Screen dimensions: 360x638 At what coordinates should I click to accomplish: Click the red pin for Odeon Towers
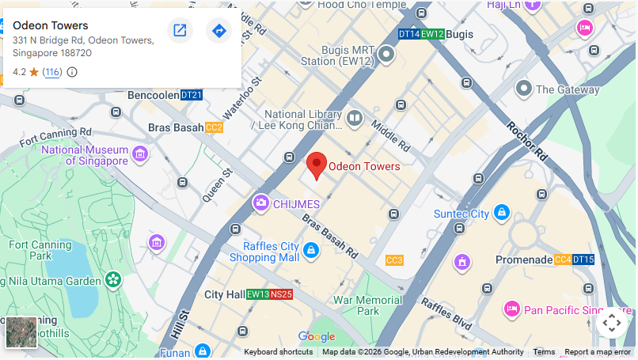(x=317, y=165)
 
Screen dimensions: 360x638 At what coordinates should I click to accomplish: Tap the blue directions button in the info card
(x=219, y=31)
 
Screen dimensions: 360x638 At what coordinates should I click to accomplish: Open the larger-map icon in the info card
(x=180, y=31)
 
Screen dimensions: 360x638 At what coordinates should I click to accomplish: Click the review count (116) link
(x=52, y=72)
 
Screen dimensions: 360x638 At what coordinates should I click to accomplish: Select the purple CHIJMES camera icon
(x=260, y=204)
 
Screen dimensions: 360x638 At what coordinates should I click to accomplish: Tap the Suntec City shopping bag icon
(x=501, y=213)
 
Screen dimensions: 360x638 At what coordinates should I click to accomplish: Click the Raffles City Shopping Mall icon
(x=311, y=251)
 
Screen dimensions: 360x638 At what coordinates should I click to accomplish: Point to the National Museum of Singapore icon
(x=141, y=153)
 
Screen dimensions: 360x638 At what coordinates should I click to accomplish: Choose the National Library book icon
(x=354, y=119)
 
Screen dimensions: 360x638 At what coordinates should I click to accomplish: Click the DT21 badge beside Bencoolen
(x=192, y=96)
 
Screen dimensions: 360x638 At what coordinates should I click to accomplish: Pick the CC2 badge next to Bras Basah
(x=214, y=127)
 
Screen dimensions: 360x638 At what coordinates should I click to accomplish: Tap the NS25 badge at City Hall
(x=282, y=294)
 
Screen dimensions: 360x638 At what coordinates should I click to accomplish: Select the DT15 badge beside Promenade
(x=583, y=260)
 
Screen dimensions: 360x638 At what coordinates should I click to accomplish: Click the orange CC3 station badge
(x=394, y=260)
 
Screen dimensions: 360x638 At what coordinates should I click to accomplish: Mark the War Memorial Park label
(x=367, y=305)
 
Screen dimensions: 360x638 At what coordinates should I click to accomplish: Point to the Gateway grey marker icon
(x=523, y=89)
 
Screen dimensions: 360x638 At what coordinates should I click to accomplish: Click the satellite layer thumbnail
(x=21, y=332)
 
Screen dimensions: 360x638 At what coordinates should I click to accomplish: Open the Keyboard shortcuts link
(x=278, y=352)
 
